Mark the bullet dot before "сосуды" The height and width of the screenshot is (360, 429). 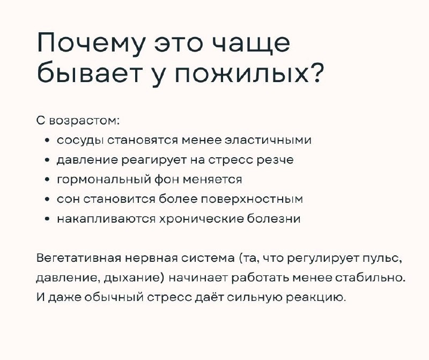(48, 141)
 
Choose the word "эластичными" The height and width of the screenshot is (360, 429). (268, 140)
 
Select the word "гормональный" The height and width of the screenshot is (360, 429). (103, 180)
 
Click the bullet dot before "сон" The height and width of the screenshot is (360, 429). (48, 200)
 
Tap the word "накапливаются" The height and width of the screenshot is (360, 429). (106, 219)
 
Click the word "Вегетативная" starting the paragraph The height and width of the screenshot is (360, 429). (78, 258)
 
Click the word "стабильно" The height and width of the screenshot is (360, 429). (369, 278)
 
